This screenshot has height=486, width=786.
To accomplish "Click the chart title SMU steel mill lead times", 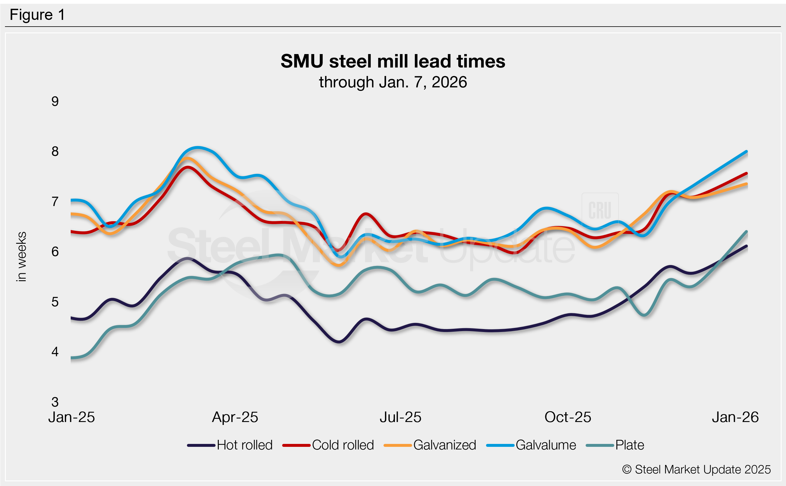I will coord(393,61).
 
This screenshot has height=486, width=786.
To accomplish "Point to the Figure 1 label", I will coord(37,15).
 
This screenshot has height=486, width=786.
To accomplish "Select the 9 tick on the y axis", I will coord(55,102).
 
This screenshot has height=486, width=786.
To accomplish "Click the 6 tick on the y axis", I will coord(55,252).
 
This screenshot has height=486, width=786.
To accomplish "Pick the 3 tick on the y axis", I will coord(55,402).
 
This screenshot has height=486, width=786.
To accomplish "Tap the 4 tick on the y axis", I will coord(55,352).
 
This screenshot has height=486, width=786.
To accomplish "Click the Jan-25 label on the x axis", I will coord(71,417).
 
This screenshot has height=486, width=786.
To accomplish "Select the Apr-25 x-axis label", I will coord(235,417).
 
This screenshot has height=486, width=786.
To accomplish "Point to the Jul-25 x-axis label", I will coord(400,417).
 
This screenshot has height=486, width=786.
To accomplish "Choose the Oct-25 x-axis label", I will coord(568,417).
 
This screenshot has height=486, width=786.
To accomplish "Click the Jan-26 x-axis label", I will coord(735,417).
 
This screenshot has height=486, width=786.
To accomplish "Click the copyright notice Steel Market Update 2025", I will coord(696,470).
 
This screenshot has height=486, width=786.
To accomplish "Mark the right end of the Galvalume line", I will coord(746,151).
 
